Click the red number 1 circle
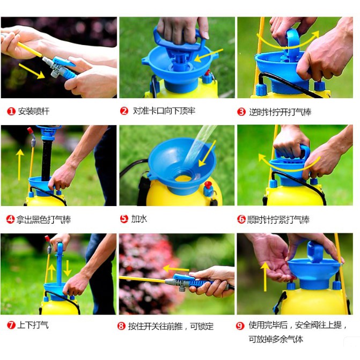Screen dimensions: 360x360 [11, 112]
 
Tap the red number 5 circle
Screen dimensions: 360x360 [124, 218]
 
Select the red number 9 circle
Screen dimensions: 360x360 [240, 326]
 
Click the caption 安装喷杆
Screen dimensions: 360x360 [33, 112]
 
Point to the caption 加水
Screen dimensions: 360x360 [139, 218]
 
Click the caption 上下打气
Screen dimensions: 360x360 [33, 325]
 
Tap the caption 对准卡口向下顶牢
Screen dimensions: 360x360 [164, 111]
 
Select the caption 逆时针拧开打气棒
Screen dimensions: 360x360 [280, 112]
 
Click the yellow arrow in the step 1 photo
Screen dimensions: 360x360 [32, 71]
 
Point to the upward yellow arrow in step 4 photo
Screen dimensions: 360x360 [20, 164]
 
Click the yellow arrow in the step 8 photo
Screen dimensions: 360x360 [176, 268]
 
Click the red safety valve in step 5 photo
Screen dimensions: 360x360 [208, 185]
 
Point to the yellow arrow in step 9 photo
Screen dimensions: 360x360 [265, 277]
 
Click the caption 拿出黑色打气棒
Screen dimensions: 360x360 [43, 220]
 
